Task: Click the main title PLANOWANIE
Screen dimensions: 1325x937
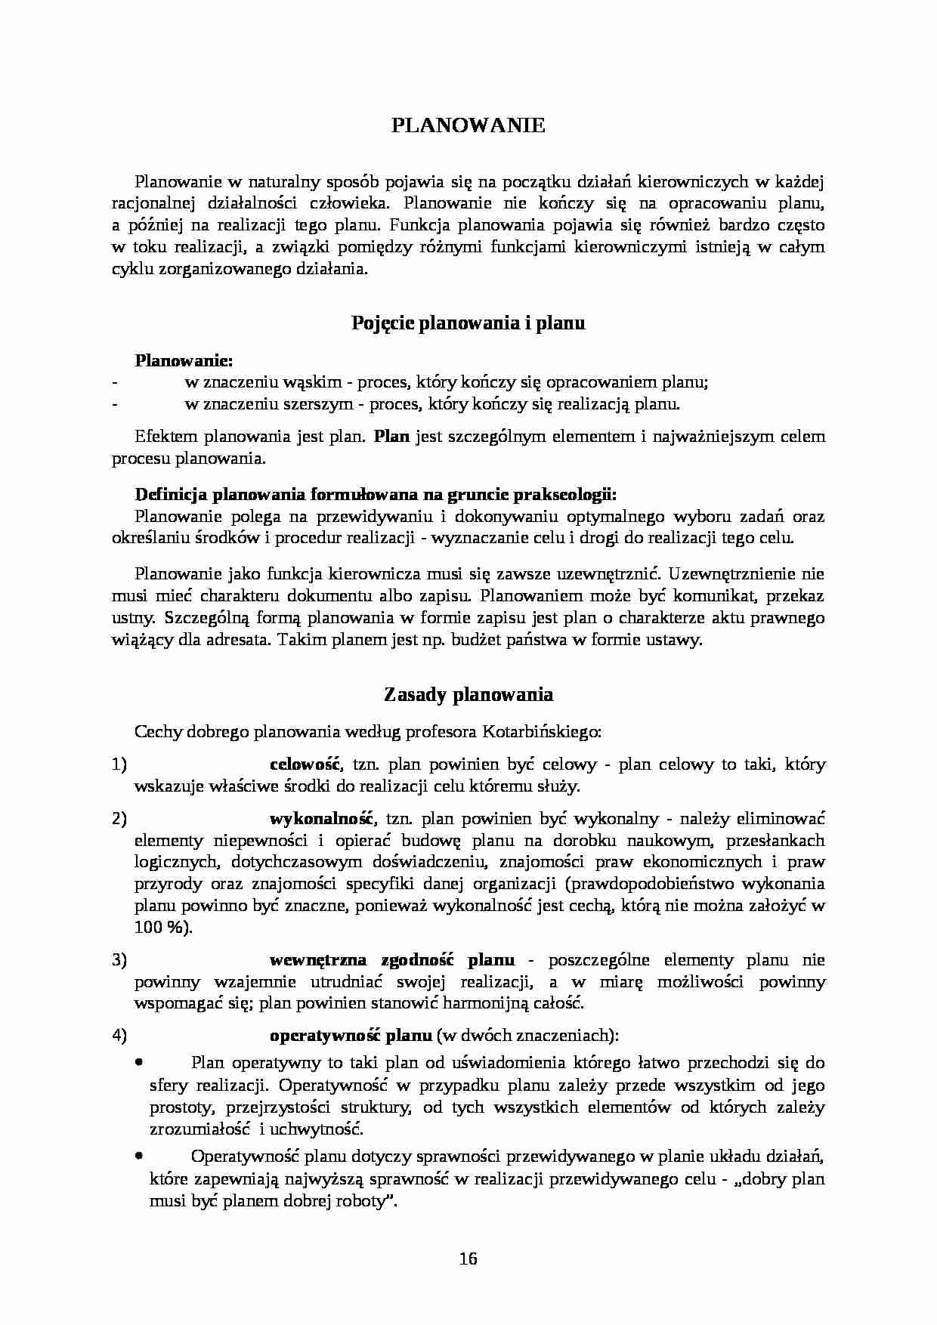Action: pyautogui.click(x=468, y=125)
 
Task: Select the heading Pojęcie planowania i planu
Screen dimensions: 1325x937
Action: pyautogui.click(x=468, y=323)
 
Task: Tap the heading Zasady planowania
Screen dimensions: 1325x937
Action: pyautogui.click(x=468, y=694)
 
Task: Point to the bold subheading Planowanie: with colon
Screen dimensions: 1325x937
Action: pyautogui.click(x=184, y=360)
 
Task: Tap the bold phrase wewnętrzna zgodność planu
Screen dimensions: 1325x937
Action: pyautogui.click(x=391, y=960)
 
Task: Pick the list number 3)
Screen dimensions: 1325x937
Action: pyautogui.click(x=119, y=960)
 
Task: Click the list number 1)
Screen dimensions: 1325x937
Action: pyautogui.click(x=119, y=764)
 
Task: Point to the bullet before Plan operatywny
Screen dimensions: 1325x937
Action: pyautogui.click(x=138, y=1062)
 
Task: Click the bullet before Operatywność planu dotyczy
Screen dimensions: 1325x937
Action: pyautogui.click(x=138, y=1156)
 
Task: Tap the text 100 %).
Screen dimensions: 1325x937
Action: pyautogui.click(x=163, y=928)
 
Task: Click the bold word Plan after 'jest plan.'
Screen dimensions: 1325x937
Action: pyautogui.click(x=391, y=436)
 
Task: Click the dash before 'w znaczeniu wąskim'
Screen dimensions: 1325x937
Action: pyautogui.click(x=114, y=383)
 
